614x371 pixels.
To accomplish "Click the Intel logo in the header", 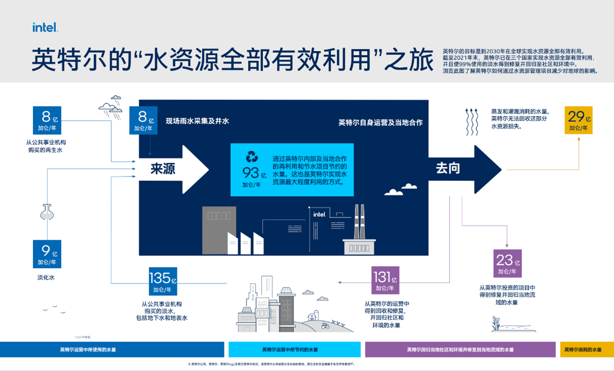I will click(45, 27).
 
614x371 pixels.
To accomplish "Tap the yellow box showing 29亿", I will click(579, 120).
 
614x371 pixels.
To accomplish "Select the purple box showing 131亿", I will click(385, 280).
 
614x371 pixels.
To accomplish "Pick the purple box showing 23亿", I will click(507, 264).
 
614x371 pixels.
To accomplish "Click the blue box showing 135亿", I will click(162, 281).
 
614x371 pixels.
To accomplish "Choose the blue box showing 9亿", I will click(47, 254).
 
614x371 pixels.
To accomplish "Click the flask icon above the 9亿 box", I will click(47, 212).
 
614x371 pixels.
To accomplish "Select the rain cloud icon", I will click(111, 104).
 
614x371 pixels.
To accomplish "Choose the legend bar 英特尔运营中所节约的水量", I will click(294, 350).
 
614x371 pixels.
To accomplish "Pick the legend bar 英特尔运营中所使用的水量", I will click(112, 350).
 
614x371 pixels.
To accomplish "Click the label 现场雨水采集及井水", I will click(197, 121).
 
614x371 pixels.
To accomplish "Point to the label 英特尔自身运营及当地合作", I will click(380, 123).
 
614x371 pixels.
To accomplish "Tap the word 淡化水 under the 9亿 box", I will click(46, 277).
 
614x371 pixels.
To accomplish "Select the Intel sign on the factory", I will click(319, 214).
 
